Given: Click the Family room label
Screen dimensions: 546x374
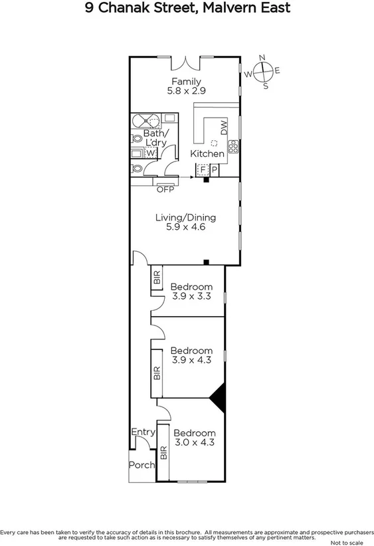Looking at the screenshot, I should pos(185,82).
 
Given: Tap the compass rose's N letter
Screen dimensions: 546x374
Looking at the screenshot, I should pos(262,57).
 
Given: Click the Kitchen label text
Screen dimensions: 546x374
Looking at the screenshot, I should pos(207,154).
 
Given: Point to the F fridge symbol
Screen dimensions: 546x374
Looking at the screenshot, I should pos(202,170).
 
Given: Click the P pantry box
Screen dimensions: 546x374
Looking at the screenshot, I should pos(215,170).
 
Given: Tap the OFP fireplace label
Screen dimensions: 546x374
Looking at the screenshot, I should pos(164,189).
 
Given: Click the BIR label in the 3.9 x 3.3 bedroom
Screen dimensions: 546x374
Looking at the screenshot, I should pos(157,278).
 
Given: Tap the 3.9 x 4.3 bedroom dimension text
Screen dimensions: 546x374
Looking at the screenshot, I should pos(191,360).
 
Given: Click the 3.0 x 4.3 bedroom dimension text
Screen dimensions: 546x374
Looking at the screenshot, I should pos(195,442).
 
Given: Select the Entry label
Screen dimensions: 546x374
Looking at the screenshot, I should pos(142,432).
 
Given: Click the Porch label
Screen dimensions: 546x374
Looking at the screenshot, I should pos(141,465).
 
